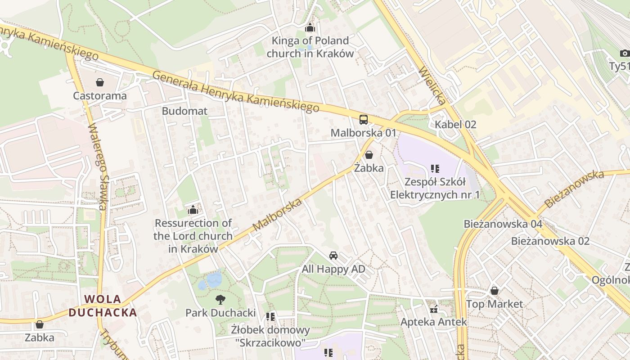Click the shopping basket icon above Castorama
coord(100,82)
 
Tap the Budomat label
coord(184,111)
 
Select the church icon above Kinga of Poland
coord(310,28)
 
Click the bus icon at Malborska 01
coord(363,120)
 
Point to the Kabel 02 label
coord(455,125)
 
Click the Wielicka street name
coord(432,86)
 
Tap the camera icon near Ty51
coord(624,54)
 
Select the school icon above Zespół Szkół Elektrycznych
coord(435,169)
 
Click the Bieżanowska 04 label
coord(503,224)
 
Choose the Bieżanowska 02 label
coord(550,241)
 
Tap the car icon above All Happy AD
coord(333,256)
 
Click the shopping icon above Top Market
coord(495,291)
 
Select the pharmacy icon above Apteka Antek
coord(434,309)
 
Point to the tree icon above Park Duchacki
coord(220,299)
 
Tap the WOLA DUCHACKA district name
coord(103,306)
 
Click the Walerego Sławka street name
coord(98,166)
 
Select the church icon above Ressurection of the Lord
coord(193,210)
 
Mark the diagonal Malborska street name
coord(277,215)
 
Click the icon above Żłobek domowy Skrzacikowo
coord(270,317)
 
